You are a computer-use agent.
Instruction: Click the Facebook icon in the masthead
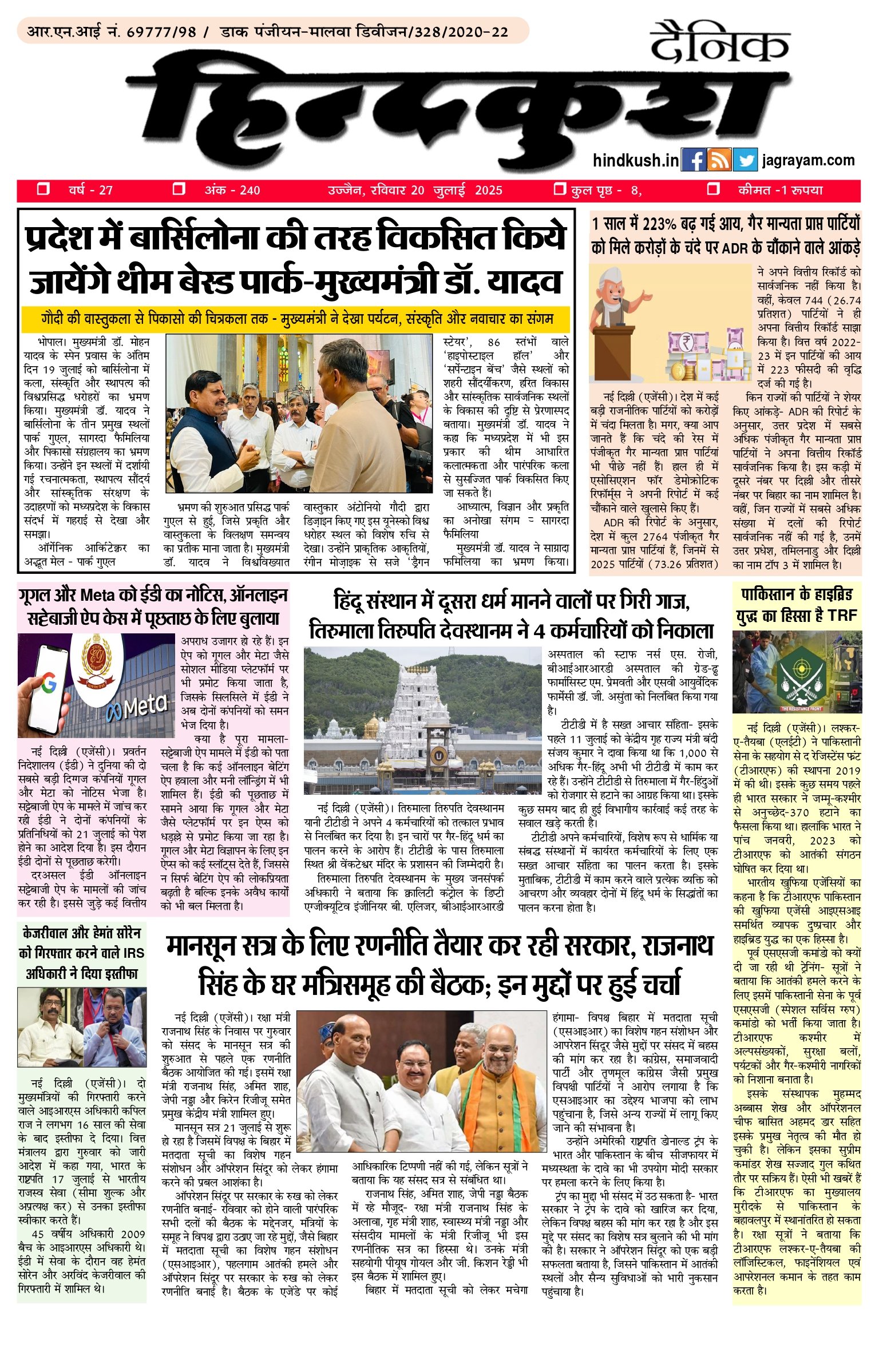click(694, 160)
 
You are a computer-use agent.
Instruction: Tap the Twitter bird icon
click(745, 160)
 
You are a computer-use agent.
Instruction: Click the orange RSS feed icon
click(719, 160)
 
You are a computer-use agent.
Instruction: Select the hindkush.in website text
click(636, 161)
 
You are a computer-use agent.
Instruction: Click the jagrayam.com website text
click(809, 161)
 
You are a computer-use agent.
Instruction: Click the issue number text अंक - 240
click(232, 190)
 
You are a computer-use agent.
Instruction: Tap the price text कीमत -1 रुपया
click(781, 190)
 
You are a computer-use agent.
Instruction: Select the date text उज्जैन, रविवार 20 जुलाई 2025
click(415, 190)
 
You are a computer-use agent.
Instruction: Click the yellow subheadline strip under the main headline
click(296, 319)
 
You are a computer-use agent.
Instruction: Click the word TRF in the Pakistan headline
click(842, 616)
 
